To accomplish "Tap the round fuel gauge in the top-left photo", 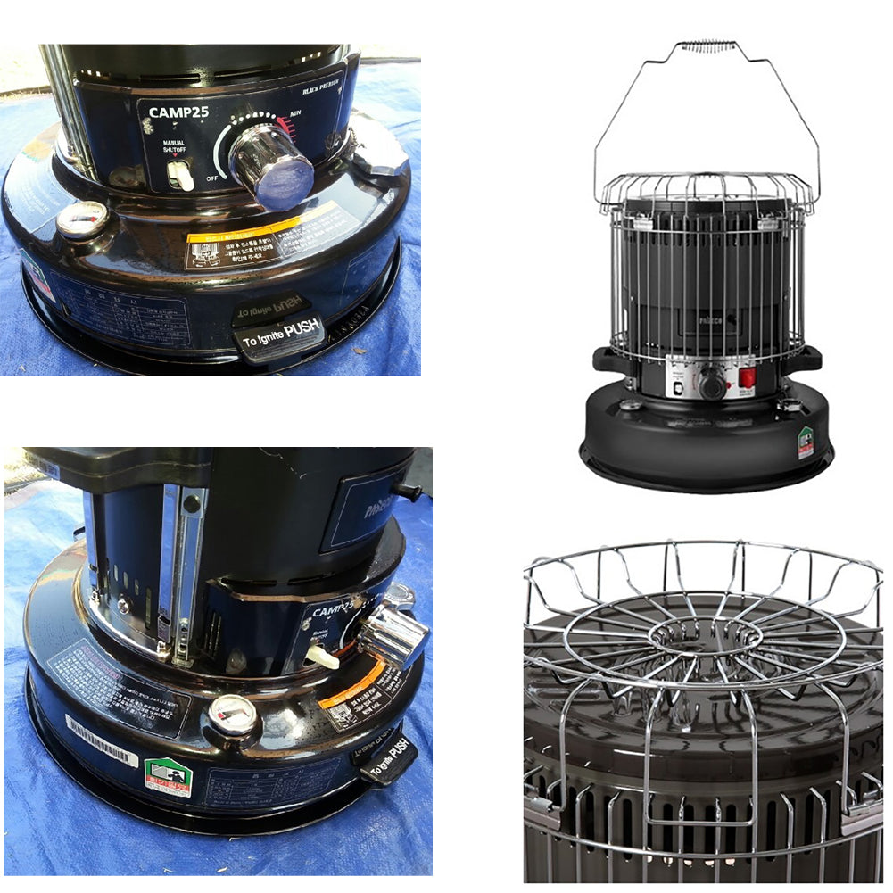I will tap(82, 219).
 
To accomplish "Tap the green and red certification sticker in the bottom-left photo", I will tap(168, 776).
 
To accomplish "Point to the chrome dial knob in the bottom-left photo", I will tap(393, 635).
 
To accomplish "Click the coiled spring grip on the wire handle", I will tap(707, 46).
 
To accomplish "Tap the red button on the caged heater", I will tap(747, 377).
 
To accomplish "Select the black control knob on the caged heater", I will tap(712, 384).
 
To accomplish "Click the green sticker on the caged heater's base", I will tap(806, 442).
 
